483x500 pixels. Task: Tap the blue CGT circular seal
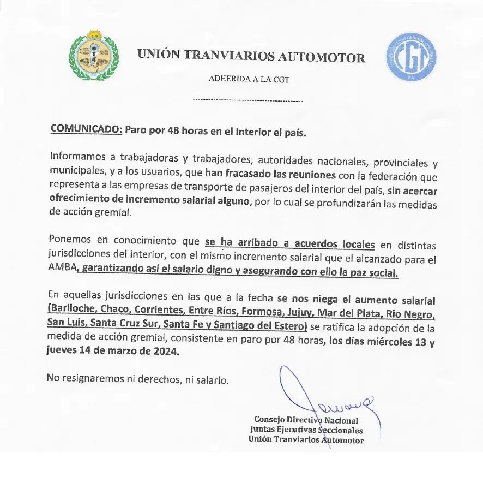point(412,57)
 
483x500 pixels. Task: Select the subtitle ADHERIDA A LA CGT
point(249,79)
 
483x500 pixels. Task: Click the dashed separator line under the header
point(249,101)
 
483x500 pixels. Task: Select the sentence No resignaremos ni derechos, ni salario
point(137,379)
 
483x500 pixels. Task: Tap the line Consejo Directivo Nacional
point(306,420)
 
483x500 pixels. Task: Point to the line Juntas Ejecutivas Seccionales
point(306,430)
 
